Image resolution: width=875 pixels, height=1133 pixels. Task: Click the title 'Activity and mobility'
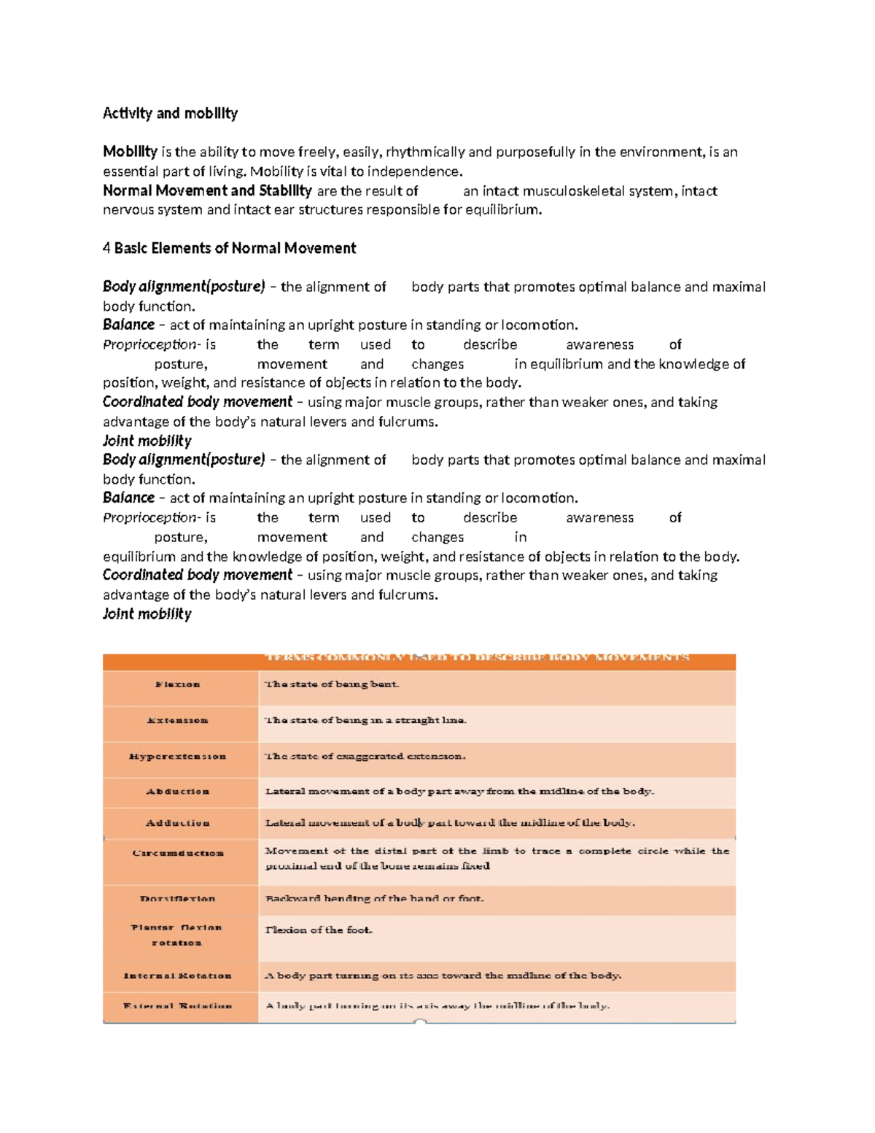(x=170, y=113)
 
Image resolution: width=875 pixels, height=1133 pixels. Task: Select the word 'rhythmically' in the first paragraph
(x=425, y=152)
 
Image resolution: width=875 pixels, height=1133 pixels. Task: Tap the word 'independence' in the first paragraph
(x=413, y=171)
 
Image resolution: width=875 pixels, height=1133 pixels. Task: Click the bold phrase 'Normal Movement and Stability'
(x=207, y=190)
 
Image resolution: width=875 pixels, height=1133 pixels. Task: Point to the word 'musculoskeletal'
(x=588, y=191)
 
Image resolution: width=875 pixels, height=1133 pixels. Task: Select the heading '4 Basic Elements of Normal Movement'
(x=229, y=248)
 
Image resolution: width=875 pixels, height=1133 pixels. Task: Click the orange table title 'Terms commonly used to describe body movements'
(x=477, y=657)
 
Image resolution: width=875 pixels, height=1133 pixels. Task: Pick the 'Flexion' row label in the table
(x=177, y=684)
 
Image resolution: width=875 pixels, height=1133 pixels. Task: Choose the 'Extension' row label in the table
(x=177, y=720)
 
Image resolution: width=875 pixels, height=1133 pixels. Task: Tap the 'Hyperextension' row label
(x=177, y=756)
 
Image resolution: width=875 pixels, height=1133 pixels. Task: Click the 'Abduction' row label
(x=177, y=791)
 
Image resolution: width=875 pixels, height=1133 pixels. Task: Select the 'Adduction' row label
(x=177, y=823)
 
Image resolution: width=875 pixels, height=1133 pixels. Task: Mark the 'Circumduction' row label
(x=177, y=853)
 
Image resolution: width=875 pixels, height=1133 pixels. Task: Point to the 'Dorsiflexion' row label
(x=177, y=898)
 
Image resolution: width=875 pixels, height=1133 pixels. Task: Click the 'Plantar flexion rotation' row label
(x=177, y=935)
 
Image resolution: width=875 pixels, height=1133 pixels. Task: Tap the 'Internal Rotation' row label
(x=177, y=975)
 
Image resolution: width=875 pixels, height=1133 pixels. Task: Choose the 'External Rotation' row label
(x=177, y=1006)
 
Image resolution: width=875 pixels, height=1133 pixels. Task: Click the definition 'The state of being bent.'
(x=332, y=684)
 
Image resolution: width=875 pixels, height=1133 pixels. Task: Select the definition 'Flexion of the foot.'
(x=319, y=930)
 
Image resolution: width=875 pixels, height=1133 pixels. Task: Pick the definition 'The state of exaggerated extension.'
(x=365, y=756)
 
